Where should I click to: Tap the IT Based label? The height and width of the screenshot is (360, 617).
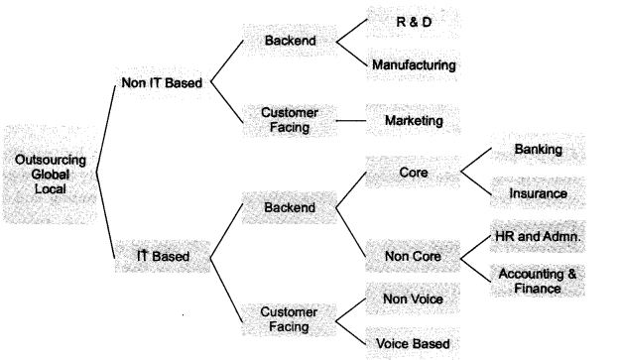[164, 257]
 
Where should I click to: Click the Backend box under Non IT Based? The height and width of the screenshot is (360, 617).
[289, 42]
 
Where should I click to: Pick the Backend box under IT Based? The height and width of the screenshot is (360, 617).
[289, 208]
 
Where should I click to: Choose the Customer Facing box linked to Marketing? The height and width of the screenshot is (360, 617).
[289, 121]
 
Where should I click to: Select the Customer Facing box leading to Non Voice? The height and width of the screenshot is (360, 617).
[289, 318]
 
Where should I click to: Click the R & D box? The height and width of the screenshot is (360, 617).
[413, 21]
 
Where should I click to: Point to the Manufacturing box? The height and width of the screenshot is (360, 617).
[413, 65]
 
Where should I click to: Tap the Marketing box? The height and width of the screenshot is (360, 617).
[413, 121]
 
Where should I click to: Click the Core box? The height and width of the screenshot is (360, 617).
[412, 171]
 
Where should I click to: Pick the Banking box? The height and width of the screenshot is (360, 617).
[538, 150]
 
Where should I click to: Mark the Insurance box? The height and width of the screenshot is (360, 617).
[538, 193]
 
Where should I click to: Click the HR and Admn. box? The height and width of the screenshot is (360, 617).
[538, 238]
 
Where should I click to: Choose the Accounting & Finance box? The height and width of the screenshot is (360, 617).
[538, 280]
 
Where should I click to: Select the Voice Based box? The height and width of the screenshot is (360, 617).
[412, 343]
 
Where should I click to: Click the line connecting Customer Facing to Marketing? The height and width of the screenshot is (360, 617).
[349, 121]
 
